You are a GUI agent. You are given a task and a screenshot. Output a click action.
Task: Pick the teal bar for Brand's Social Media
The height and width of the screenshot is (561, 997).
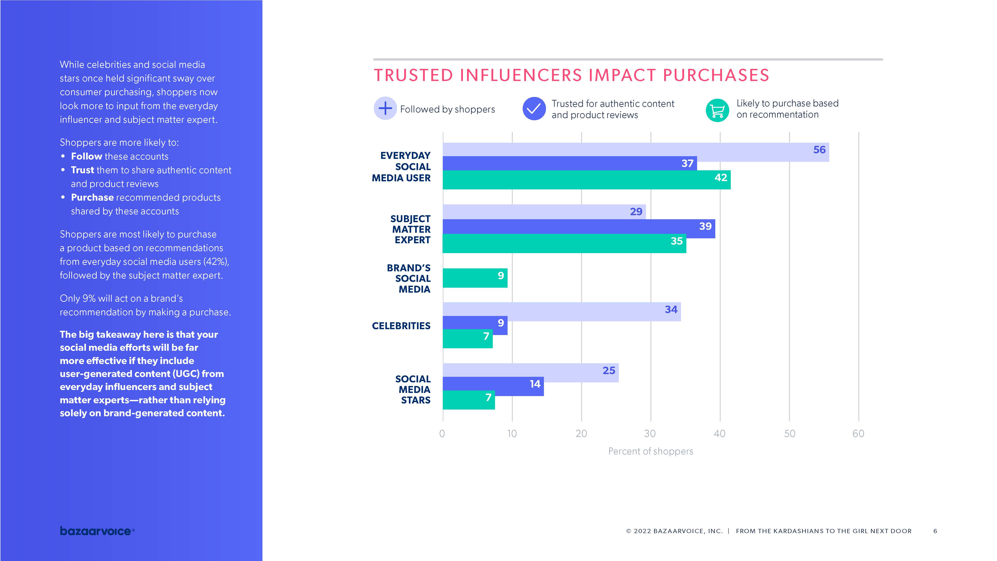475,278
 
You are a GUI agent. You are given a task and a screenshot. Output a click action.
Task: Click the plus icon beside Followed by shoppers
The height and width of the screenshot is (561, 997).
385,108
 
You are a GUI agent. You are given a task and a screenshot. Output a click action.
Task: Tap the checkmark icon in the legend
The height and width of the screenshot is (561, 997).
534,109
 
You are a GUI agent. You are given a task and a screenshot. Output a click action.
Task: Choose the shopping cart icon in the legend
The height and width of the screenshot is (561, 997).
717,110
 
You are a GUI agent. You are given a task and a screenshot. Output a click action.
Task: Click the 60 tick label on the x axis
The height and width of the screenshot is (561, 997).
858,434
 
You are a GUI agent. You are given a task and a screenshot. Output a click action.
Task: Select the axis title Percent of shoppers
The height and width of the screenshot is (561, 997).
651,451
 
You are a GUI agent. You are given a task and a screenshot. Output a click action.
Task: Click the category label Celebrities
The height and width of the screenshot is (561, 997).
401,326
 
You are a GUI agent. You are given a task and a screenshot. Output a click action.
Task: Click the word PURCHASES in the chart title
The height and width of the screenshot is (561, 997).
716,75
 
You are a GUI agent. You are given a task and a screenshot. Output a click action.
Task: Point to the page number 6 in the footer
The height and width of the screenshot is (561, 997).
935,531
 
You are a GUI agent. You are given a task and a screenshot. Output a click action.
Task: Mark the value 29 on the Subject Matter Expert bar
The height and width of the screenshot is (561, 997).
636,212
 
